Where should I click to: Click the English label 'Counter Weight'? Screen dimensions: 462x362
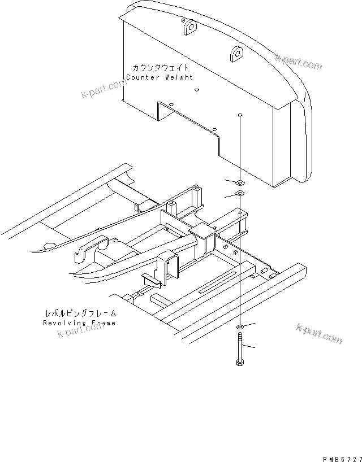click(159, 77)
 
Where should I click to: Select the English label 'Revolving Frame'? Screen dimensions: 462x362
click(79, 323)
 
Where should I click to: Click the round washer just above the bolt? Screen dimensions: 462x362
click(240, 328)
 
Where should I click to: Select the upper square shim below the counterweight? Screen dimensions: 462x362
click(240, 182)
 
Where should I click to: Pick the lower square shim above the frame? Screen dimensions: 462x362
click(240, 194)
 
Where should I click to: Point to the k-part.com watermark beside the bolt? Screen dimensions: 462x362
click(320, 334)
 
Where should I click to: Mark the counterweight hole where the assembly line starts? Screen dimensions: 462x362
click(240, 115)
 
